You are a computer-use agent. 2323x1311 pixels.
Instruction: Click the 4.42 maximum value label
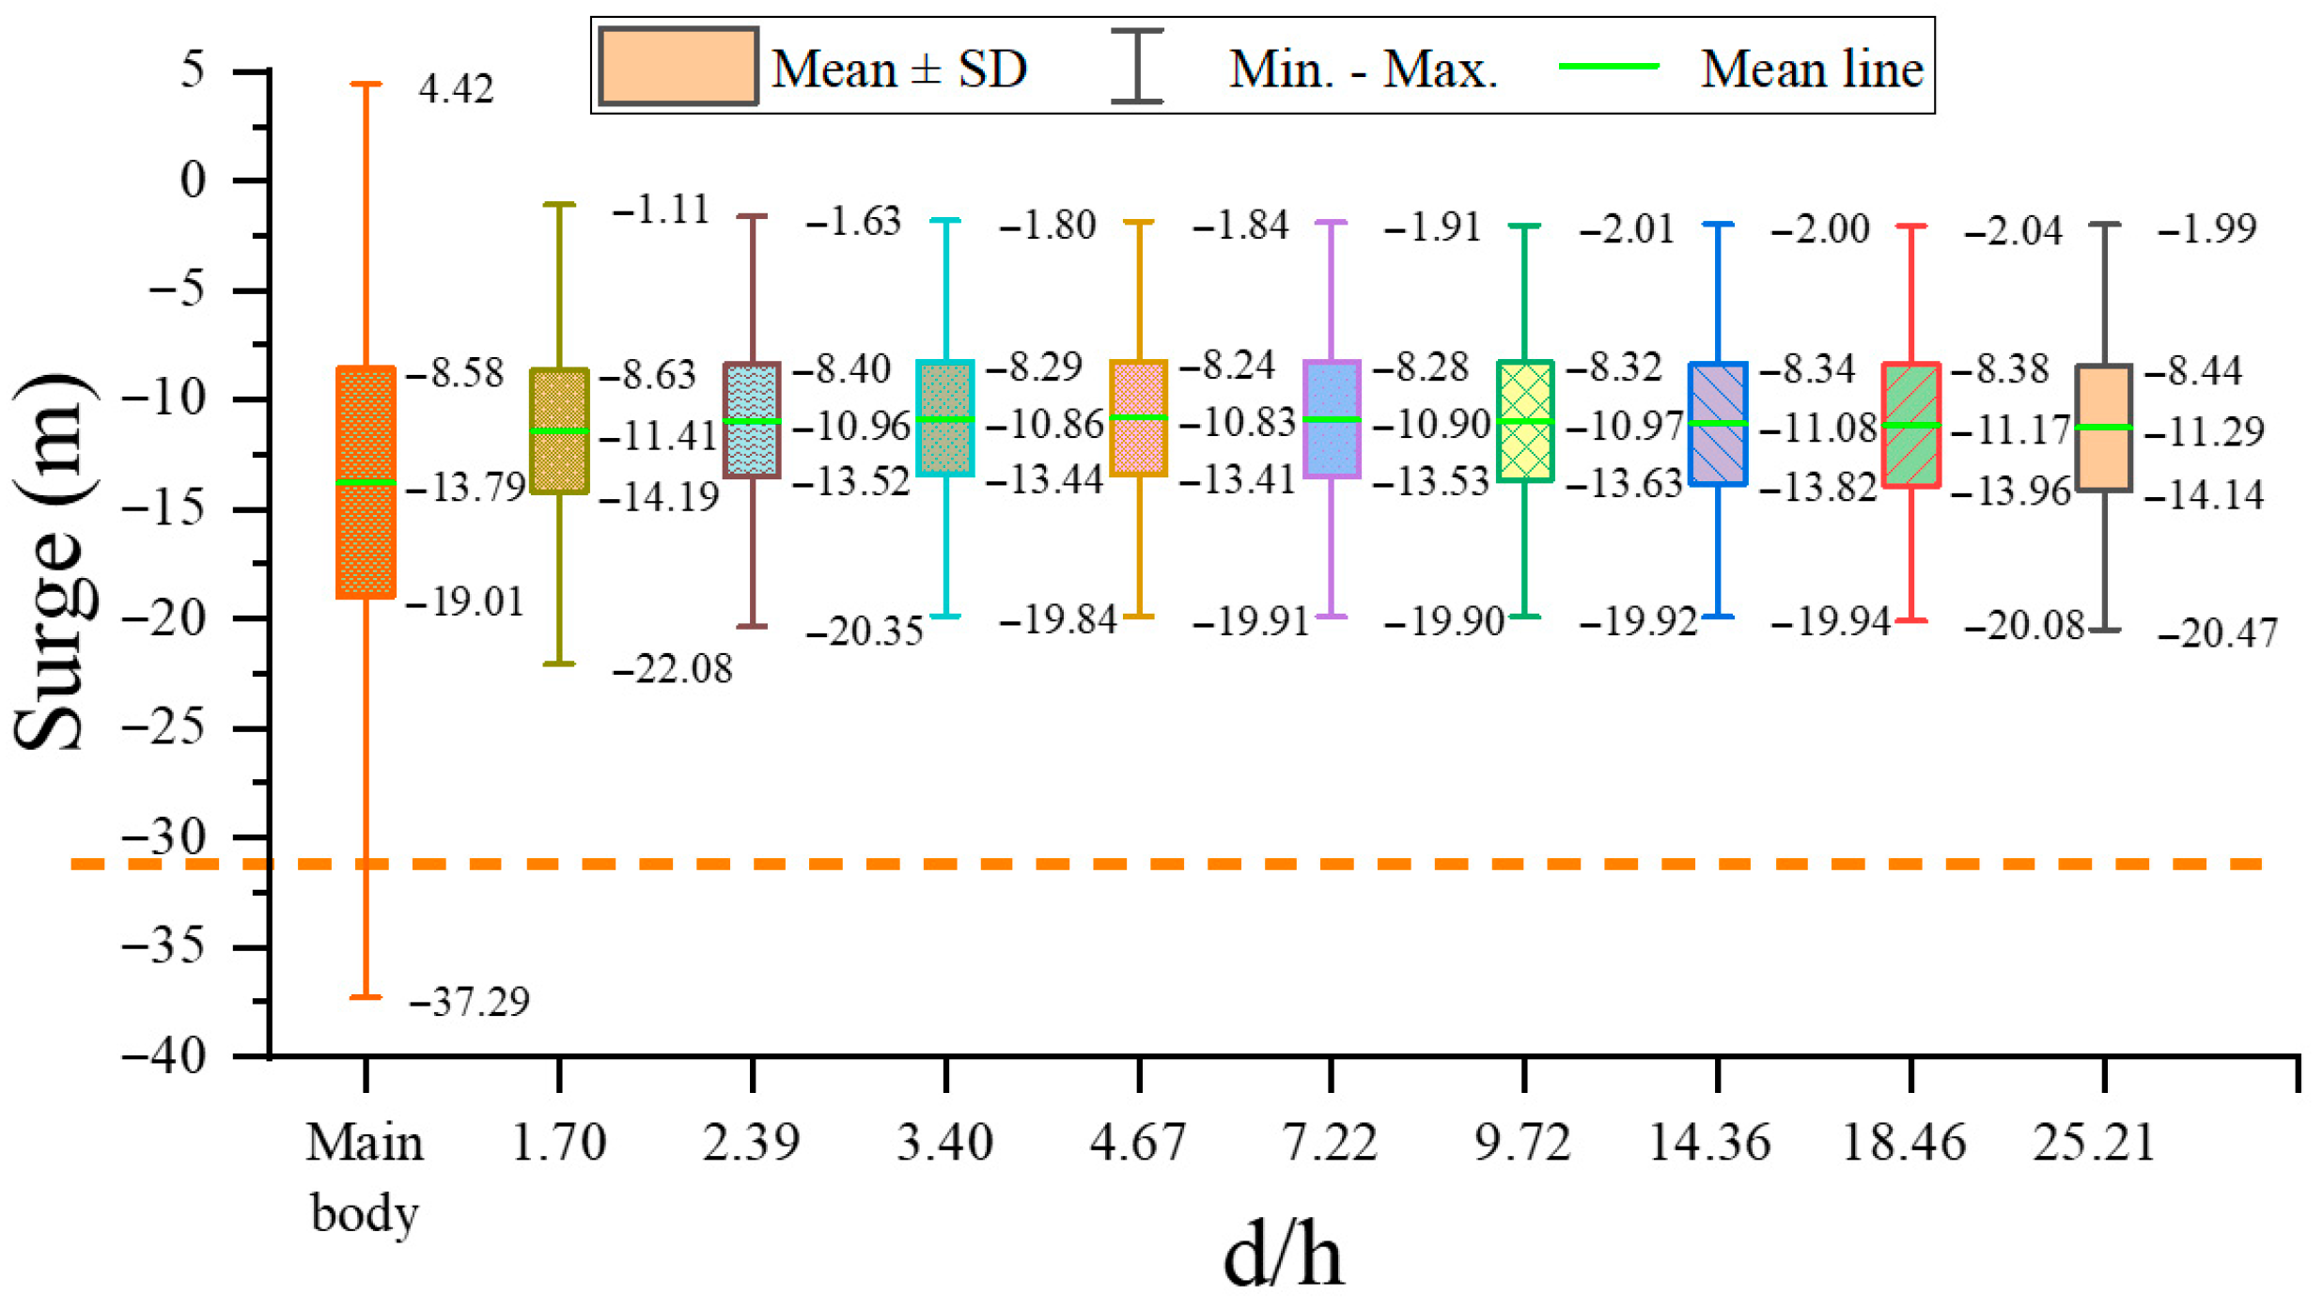click(x=456, y=89)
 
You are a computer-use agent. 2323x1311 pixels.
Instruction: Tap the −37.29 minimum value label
click(x=470, y=1002)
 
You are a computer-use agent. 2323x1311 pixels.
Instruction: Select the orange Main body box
click(x=366, y=482)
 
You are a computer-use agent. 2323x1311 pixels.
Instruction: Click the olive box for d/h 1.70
click(x=559, y=430)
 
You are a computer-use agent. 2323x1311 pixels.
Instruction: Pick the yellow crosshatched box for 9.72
click(x=1524, y=421)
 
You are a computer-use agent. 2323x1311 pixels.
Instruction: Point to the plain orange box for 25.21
click(x=2104, y=428)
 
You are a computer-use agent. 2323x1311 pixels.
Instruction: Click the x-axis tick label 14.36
click(x=1709, y=1144)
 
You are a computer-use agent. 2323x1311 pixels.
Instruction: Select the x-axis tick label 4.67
click(x=1138, y=1144)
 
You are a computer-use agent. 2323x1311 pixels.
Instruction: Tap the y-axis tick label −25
click(x=164, y=727)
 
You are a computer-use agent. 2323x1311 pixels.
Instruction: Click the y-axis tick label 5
click(x=193, y=70)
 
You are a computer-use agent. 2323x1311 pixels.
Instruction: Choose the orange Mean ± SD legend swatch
click(x=678, y=66)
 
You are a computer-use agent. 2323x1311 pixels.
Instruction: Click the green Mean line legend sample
click(x=1609, y=67)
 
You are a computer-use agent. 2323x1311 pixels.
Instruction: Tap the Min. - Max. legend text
click(x=1364, y=70)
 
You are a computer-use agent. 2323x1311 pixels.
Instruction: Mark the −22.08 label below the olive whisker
click(x=672, y=670)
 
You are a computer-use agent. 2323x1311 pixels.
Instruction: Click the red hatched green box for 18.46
click(x=1910, y=425)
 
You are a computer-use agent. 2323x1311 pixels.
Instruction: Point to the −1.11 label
click(x=661, y=210)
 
